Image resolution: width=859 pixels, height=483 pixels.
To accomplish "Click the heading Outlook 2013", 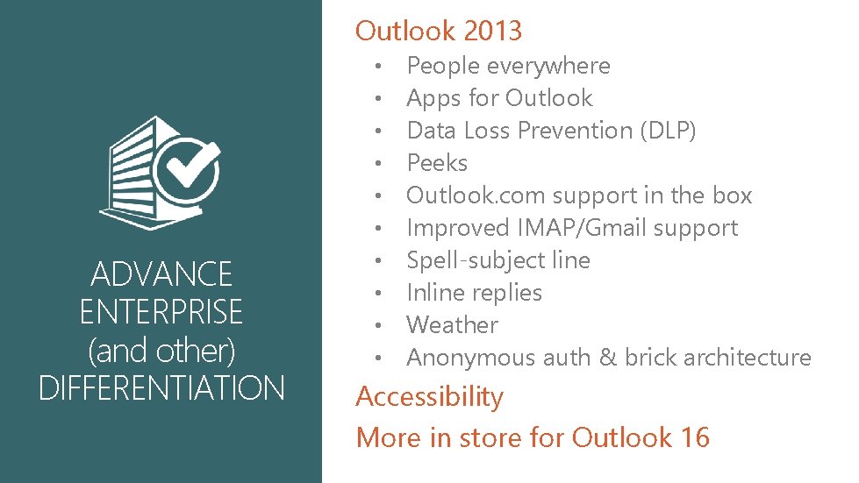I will (x=438, y=31).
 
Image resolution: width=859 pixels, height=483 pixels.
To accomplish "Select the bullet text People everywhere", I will (x=508, y=66).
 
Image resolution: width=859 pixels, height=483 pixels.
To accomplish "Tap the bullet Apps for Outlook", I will (x=499, y=98).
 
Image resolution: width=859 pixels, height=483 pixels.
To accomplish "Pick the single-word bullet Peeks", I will (x=437, y=163).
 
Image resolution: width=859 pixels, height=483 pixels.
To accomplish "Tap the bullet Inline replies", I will (x=474, y=293).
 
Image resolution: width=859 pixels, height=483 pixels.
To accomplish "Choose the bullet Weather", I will (x=452, y=325).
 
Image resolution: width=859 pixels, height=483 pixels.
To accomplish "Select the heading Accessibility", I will (x=429, y=397).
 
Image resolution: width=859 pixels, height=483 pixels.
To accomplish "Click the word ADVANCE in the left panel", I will (x=161, y=274).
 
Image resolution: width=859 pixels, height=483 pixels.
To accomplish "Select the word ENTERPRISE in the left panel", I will (x=161, y=312).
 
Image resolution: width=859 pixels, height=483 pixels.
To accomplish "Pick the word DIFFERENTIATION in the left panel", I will (x=161, y=387).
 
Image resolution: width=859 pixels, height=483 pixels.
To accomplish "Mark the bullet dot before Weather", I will (x=377, y=326).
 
